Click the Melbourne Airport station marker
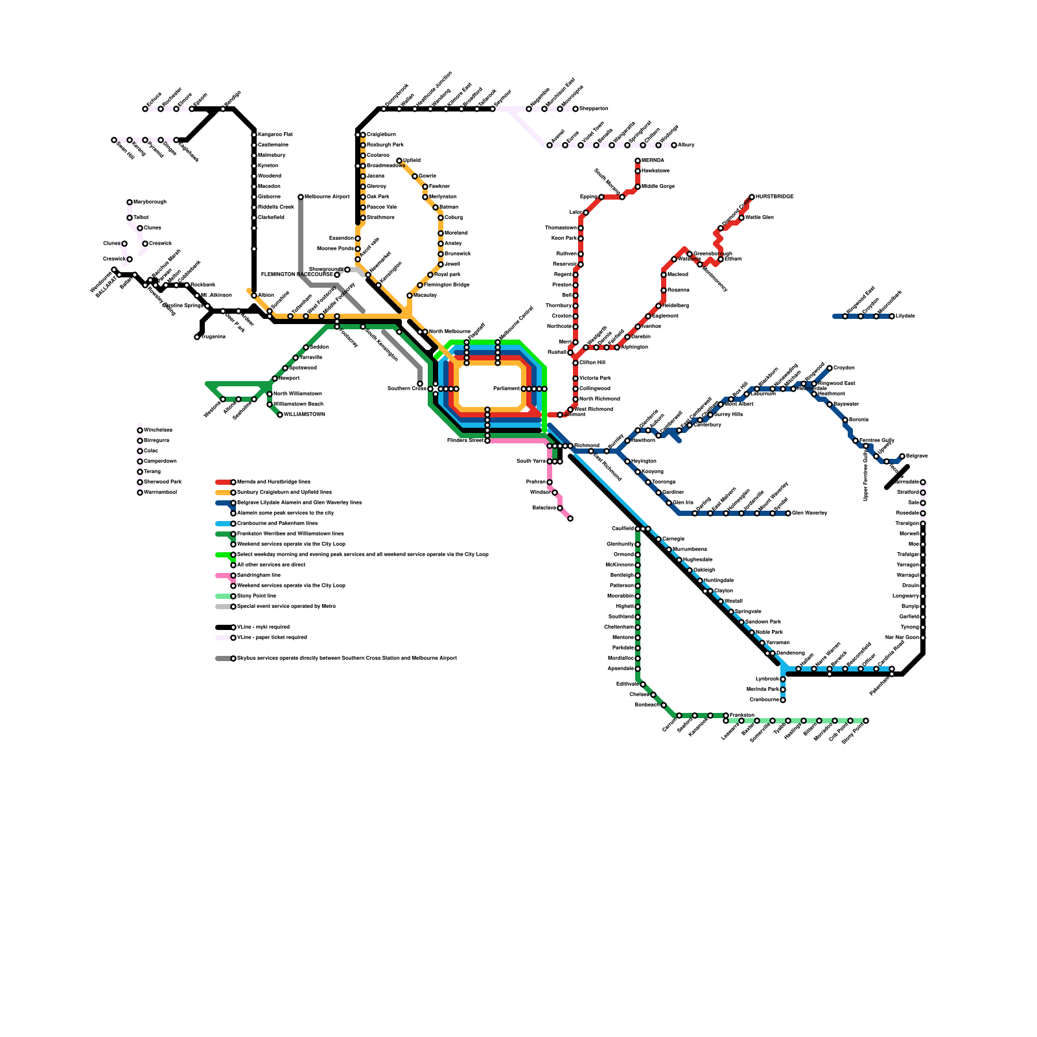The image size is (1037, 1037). (x=301, y=197)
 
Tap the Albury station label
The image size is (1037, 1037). (x=686, y=145)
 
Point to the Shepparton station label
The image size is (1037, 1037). (x=594, y=109)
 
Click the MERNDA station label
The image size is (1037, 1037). (x=653, y=160)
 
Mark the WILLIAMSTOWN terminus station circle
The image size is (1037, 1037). (x=280, y=415)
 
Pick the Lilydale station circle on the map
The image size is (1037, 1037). (x=892, y=316)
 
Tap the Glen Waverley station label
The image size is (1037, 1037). (x=810, y=513)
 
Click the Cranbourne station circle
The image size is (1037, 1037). (x=783, y=700)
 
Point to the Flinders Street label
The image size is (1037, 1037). (x=465, y=441)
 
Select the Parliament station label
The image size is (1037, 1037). (x=506, y=389)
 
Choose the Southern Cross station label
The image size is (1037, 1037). (x=406, y=389)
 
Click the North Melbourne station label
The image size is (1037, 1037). (x=449, y=332)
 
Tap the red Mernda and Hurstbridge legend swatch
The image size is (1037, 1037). (x=224, y=482)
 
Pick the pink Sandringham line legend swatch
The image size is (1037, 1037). (x=224, y=576)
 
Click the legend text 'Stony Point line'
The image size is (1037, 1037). (x=257, y=596)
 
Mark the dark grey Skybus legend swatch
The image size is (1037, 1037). (x=224, y=658)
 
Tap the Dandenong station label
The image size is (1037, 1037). (x=790, y=653)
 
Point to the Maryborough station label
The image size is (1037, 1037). (x=150, y=202)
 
